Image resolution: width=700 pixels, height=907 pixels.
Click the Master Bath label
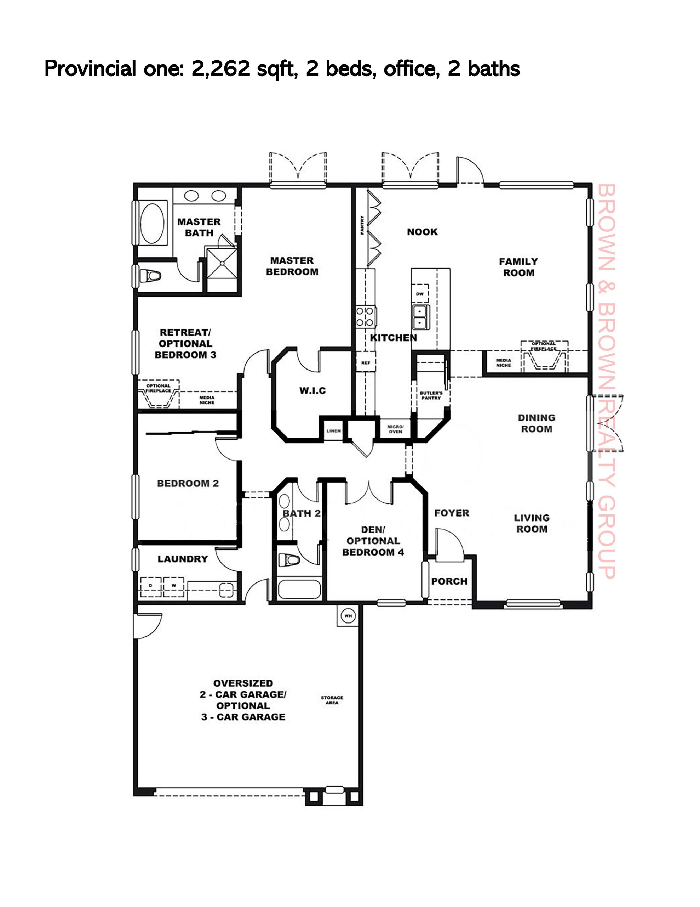pyautogui.click(x=199, y=227)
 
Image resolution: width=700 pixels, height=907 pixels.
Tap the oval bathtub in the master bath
pyautogui.click(x=152, y=223)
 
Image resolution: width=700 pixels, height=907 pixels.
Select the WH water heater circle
pyautogui.click(x=348, y=616)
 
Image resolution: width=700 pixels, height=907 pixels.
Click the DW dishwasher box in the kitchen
pyautogui.click(x=420, y=294)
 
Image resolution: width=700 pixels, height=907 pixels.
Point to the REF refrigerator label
pyautogui.click(x=365, y=363)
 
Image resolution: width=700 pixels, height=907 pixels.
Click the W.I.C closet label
pyautogui.click(x=312, y=390)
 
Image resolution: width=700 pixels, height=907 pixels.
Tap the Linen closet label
pyautogui.click(x=333, y=431)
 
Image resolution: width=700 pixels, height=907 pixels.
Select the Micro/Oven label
pyautogui.click(x=395, y=429)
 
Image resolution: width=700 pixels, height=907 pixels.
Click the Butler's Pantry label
pyautogui.click(x=431, y=395)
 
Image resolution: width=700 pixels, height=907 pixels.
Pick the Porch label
pyautogui.click(x=449, y=581)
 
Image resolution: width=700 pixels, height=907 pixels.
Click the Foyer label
pyautogui.click(x=452, y=513)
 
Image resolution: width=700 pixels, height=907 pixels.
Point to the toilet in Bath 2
pyautogui.click(x=289, y=559)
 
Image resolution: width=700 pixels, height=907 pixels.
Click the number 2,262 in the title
pyautogui.click(x=220, y=68)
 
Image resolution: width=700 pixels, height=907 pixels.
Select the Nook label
pyautogui.click(x=422, y=232)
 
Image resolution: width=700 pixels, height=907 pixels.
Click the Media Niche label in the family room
pyautogui.click(x=503, y=362)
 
